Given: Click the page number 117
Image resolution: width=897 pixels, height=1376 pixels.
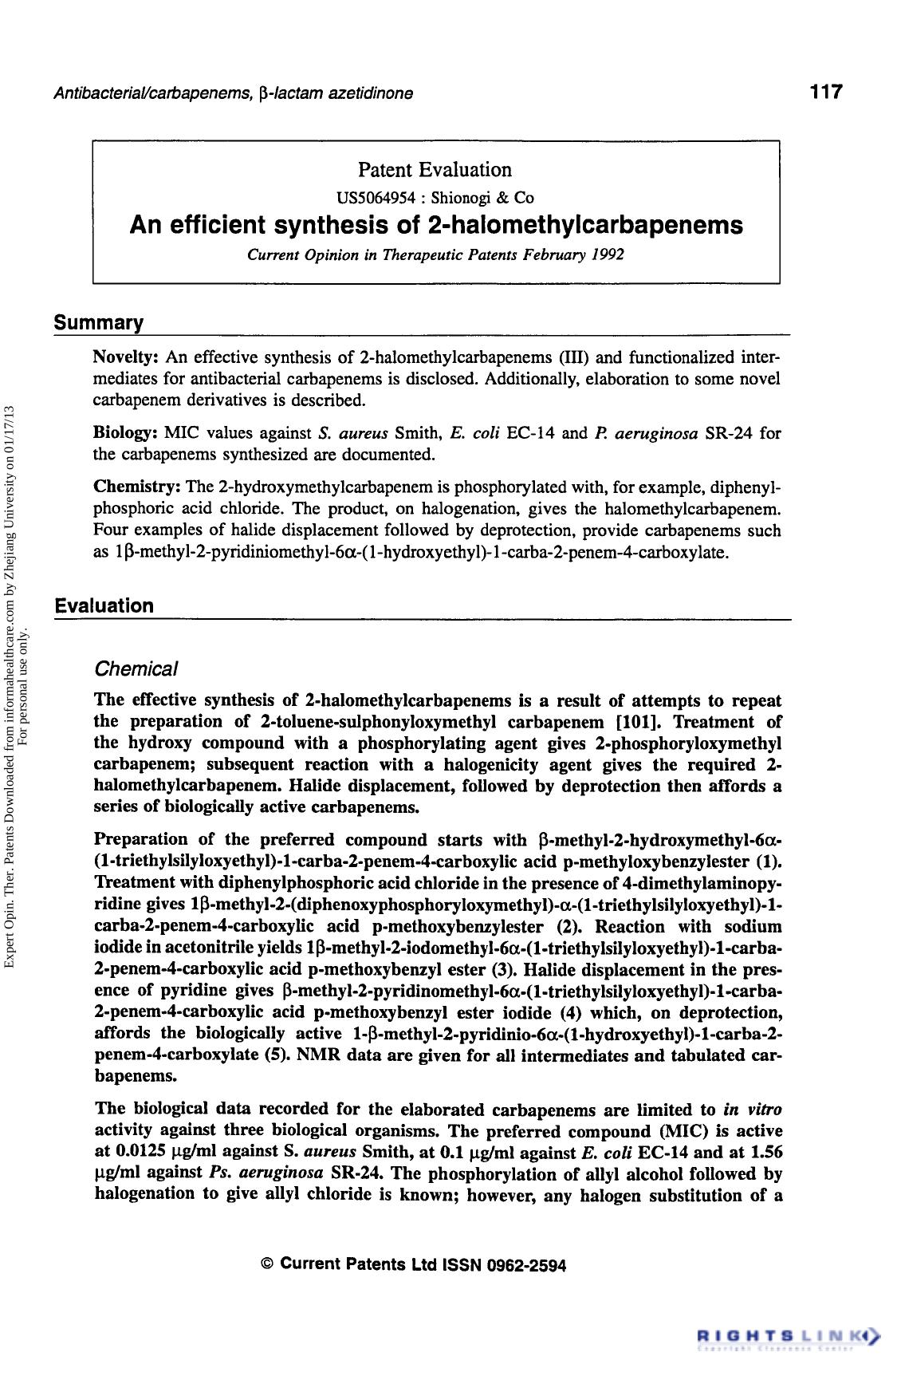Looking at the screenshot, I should click(x=825, y=92).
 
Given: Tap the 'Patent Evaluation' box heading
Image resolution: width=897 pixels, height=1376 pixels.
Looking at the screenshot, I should click(x=435, y=170).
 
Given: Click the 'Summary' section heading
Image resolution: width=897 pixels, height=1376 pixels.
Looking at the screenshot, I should click(x=98, y=323).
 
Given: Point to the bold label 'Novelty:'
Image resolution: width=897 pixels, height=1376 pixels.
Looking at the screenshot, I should click(x=128, y=356).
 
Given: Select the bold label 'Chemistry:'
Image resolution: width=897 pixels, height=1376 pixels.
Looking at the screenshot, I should click(x=138, y=487).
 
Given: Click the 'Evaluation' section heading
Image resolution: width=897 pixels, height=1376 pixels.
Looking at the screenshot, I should click(x=104, y=605).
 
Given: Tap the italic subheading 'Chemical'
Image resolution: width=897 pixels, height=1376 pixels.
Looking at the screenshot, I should click(x=136, y=668).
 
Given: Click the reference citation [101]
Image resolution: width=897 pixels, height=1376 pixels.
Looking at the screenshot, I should click(x=643, y=722).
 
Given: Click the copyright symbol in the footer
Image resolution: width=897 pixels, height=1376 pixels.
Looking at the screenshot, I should click(x=268, y=1264).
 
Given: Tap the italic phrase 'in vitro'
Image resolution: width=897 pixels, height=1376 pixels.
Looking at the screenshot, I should click(x=752, y=1110).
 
